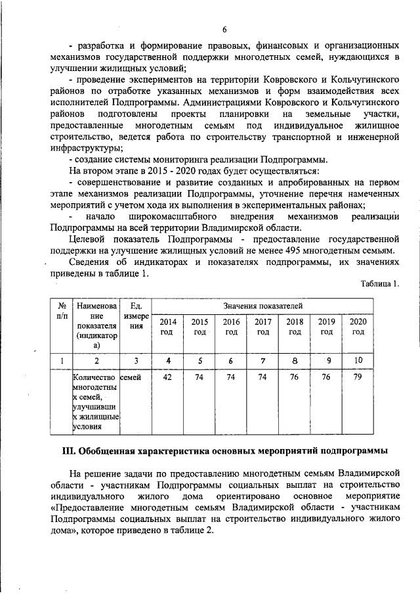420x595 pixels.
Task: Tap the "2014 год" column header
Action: (168, 327)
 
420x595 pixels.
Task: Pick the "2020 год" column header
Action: (358, 327)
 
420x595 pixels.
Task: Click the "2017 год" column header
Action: (263, 327)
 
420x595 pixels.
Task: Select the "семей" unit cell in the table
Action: (131, 377)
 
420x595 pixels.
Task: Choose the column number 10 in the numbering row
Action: (358, 360)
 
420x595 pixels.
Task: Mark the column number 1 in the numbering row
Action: (60, 360)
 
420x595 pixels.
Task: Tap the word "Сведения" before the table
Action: (90, 263)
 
